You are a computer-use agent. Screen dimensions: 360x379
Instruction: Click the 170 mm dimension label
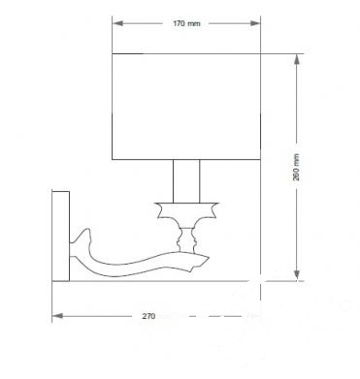186,23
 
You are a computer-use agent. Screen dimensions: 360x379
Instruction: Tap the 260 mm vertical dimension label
296,167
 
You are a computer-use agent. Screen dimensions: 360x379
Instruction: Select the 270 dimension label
148,316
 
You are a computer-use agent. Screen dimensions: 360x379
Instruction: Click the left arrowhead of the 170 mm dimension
117,23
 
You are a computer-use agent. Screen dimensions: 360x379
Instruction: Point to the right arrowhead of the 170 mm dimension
255,23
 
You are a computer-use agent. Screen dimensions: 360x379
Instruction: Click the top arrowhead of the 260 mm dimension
297,59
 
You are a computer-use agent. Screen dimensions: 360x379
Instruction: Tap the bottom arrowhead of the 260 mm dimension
297,275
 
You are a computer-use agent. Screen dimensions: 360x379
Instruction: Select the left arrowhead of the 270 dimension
57,316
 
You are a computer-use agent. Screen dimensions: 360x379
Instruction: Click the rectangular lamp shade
186,107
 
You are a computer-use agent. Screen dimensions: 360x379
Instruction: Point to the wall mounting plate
61,237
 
